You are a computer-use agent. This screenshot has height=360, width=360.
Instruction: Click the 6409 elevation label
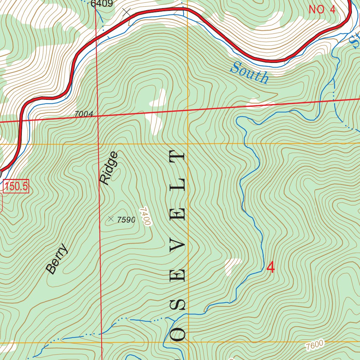(102, 4)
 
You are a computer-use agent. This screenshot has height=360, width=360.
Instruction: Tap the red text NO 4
(322, 9)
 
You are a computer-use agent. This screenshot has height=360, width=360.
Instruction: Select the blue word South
(250, 72)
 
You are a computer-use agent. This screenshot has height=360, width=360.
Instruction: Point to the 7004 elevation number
(84, 114)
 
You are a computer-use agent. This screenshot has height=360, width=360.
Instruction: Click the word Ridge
(109, 168)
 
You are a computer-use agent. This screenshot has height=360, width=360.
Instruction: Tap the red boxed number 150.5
(16, 186)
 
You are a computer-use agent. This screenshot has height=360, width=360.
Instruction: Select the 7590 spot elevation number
(126, 220)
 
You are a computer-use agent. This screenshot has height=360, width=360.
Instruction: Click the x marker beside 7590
(111, 219)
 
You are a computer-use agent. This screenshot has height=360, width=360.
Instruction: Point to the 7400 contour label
(145, 216)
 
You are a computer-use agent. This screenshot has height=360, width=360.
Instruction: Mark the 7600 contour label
(314, 345)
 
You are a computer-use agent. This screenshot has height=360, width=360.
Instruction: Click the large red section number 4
(270, 268)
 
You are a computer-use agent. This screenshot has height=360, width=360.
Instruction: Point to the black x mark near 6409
(127, 12)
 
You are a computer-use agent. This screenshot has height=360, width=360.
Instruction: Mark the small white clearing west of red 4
(232, 266)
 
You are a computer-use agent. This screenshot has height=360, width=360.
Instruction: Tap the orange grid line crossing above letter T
(188, 144)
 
